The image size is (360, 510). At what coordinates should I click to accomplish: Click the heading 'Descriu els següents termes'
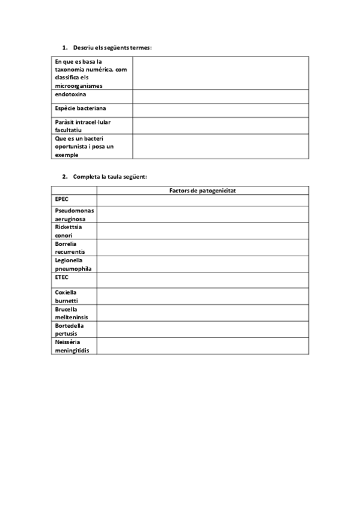point(112,47)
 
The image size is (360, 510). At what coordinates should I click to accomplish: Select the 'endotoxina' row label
point(70,94)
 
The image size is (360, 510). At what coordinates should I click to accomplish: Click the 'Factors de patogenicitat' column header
point(202,190)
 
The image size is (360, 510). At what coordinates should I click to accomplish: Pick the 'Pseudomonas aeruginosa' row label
point(74,215)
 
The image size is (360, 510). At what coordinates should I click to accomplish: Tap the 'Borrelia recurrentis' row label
point(70,248)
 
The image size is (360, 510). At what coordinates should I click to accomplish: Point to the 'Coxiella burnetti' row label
point(66,296)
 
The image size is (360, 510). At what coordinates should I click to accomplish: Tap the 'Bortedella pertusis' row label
point(69,329)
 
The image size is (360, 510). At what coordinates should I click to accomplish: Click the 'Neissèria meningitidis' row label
point(75,346)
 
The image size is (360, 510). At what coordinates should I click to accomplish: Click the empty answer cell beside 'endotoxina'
point(221,96)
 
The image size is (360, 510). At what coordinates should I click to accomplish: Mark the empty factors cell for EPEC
point(203,200)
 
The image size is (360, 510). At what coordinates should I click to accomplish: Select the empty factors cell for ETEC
point(203,280)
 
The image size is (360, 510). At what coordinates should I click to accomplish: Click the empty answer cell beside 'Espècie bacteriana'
point(221,110)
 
